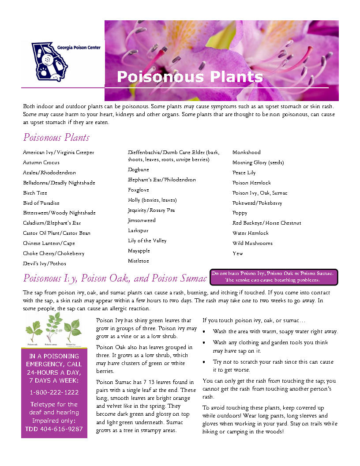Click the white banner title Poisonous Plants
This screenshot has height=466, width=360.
point(190,77)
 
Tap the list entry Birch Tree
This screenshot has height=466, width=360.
point(35,193)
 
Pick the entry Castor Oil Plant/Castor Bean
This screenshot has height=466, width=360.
point(56,233)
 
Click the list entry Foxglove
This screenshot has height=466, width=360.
point(139,190)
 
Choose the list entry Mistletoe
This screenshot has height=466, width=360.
point(139,261)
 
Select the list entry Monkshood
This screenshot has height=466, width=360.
point(247,152)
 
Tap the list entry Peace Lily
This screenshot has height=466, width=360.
point(244,173)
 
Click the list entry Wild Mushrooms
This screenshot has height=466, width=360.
point(252,243)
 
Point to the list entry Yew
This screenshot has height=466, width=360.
point(238,253)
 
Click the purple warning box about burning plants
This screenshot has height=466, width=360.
point(274,277)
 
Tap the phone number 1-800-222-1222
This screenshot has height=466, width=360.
point(54,392)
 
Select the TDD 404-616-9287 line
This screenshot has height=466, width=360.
point(54,428)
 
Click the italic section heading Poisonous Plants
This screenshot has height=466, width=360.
point(56,137)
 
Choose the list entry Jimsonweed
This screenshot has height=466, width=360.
point(142,220)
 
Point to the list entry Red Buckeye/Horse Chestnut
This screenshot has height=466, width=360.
point(266,223)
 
